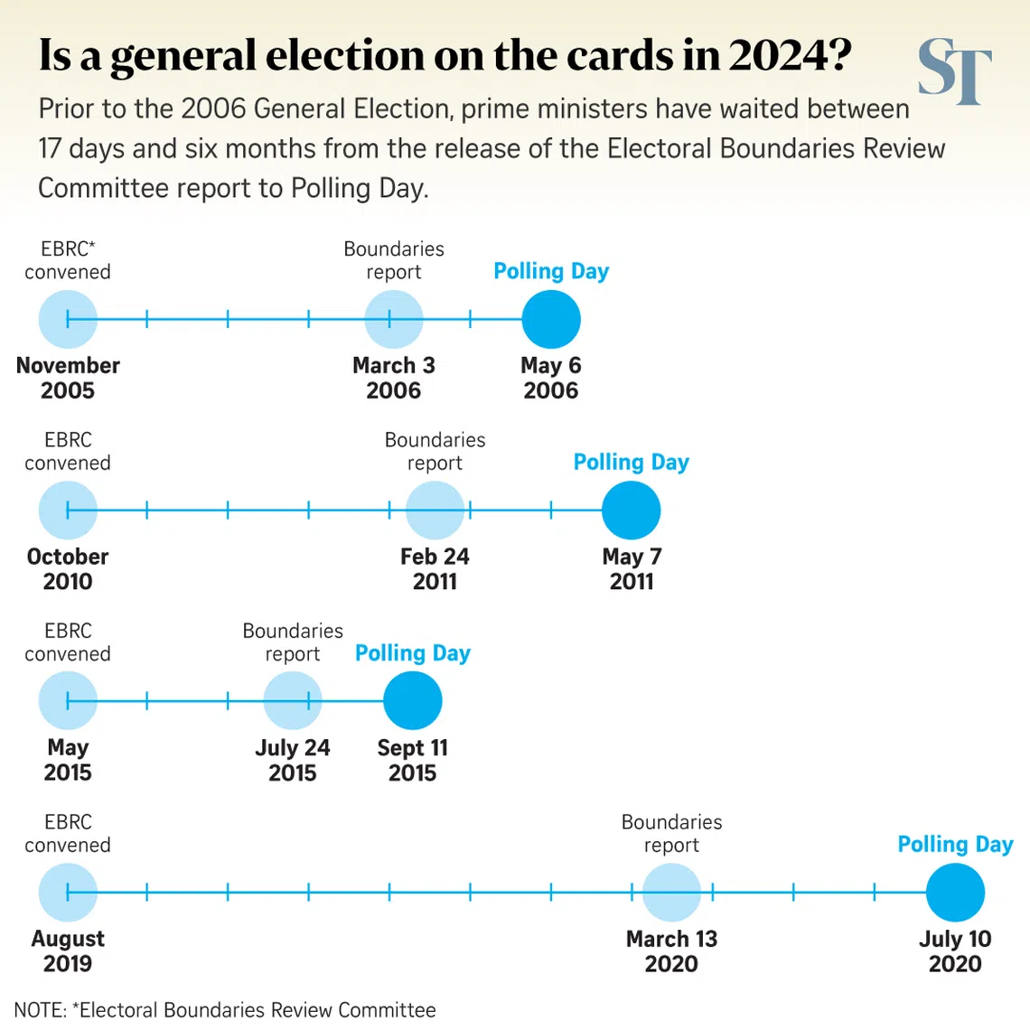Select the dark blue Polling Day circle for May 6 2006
tap(551, 320)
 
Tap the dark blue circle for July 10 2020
tap(955, 893)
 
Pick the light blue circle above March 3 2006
tap(394, 320)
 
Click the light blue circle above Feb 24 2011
tap(435, 510)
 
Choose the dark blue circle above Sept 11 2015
tap(413, 701)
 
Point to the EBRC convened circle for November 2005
tap(68, 320)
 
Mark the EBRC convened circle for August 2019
tap(68, 893)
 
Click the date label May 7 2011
tap(632, 568)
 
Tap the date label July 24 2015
tap(292, 760)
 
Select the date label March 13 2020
tap(671, 950)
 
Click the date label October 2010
tap(68, 568)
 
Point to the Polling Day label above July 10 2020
tap(955, 844)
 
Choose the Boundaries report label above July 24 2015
tap(293, 642)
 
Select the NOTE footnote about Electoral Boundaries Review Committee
tap(225, 1009)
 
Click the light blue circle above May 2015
tap(68, 701)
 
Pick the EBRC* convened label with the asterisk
tap(68, 260)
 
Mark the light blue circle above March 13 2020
tap(671, 893)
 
